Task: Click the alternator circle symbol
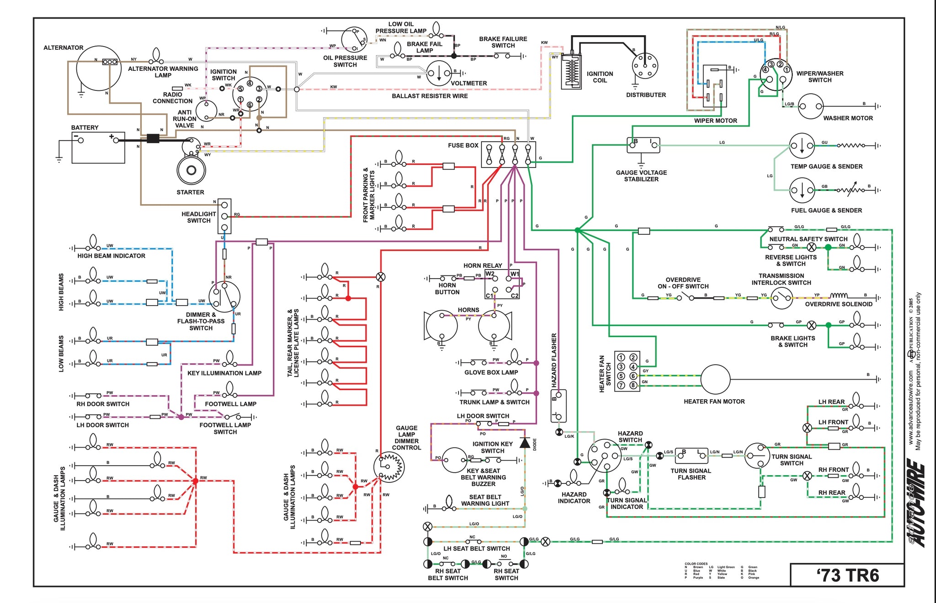(98, 69)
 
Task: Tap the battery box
(98, 147)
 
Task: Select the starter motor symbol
(191, 170)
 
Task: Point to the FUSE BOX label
(463, 145)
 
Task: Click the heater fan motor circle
(715, 379)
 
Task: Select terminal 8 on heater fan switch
(633, 385)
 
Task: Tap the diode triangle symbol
(525, 442)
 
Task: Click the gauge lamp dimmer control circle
(389, 467)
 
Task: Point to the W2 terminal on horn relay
(490, 274)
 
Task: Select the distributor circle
(645, 66)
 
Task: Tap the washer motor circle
(810, 106)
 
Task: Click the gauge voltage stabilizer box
(643, 145)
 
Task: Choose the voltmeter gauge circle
(439, 73)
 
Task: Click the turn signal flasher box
(691, 455)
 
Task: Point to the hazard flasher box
(558, 406)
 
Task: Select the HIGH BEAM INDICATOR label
(111, 256)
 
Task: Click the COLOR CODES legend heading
(696, 564)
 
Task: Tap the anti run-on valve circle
(206, 111)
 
